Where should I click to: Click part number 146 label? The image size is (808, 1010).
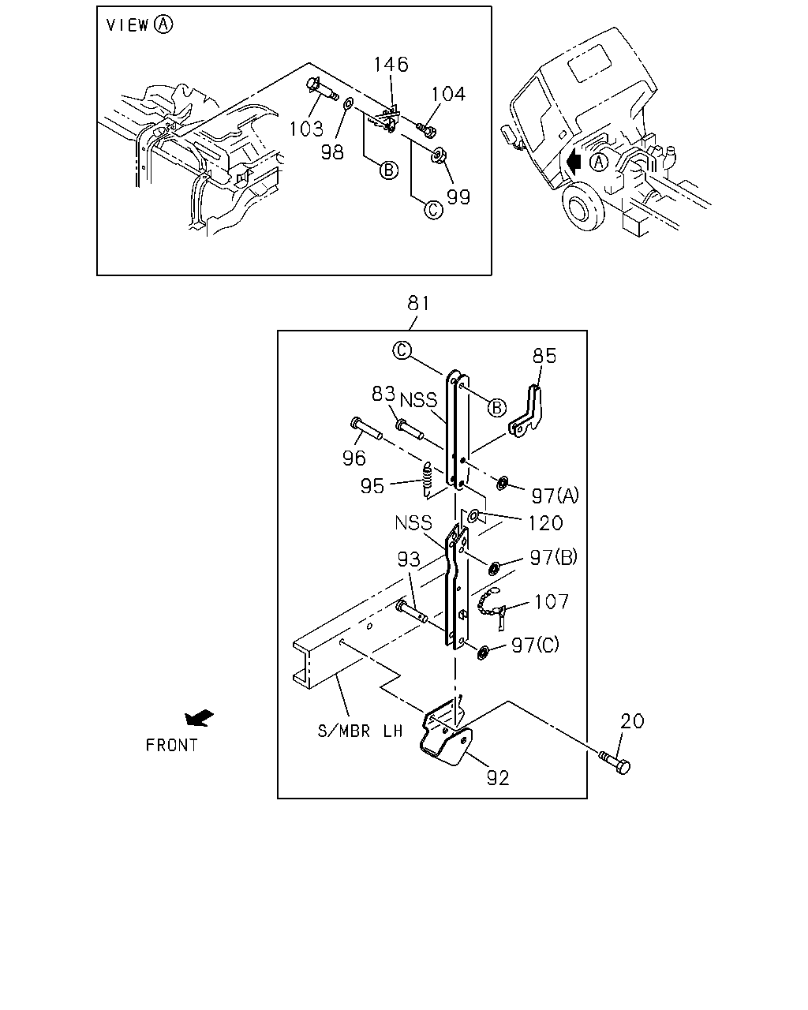(x=391, y=64)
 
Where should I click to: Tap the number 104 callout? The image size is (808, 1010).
(x=448, y=94)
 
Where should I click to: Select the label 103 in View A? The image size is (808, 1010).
(x=306, y=129)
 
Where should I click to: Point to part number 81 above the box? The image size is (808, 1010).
(x=418, y=303)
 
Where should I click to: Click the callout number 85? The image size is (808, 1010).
(x=544, y=356)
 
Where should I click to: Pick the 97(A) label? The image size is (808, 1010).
(x=555, y=496)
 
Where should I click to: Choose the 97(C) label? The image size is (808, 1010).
(x=535, y=645)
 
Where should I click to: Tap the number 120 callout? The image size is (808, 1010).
(x=545, y=523)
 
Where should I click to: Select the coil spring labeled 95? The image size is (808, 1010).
(x=427, y=480)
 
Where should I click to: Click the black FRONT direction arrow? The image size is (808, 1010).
(x=199, y=718)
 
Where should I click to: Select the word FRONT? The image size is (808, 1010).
(x=172, y=746)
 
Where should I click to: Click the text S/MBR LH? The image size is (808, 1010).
(x=360, y=731)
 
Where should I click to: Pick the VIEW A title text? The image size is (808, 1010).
(x=140, y=24)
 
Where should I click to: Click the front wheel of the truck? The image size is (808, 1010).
(x=583, y=206)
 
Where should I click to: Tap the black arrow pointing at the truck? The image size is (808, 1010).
(x=574, y=162)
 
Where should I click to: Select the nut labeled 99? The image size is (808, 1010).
(x=439, y=155)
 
